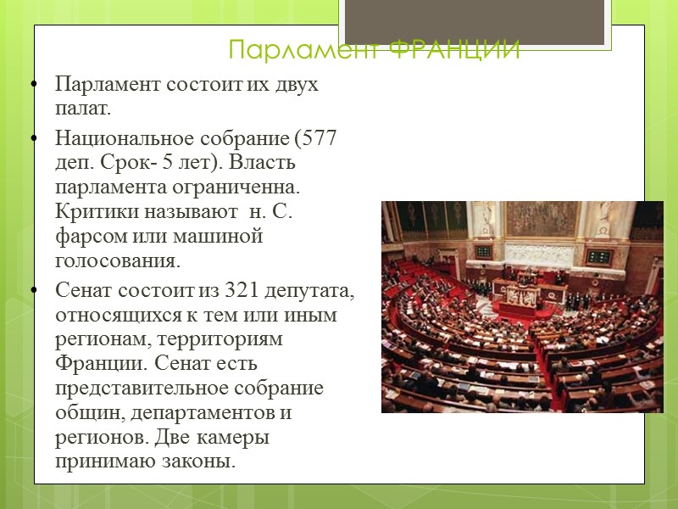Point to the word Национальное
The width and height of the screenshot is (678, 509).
point(129,137)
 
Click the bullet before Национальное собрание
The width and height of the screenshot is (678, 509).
point(34,137)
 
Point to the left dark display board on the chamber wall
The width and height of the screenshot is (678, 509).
point(483,251)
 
